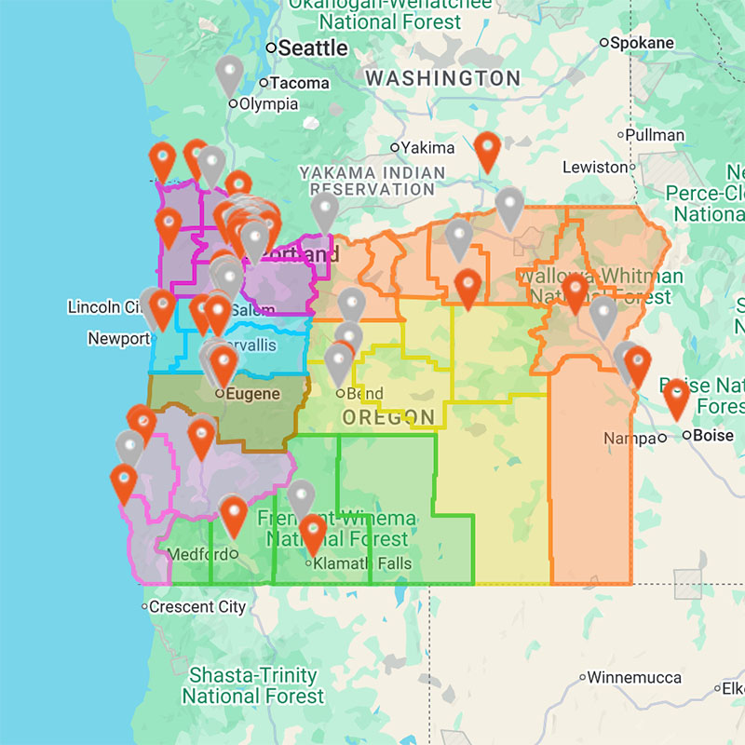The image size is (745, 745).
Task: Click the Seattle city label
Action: (313, 47)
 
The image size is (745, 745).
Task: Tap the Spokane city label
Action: (643, 43)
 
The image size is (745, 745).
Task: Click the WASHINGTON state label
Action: (442, 78)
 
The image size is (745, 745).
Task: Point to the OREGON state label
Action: (388, 417)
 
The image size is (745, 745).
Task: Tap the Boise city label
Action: (713, 434)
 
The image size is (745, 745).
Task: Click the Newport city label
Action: (118, 339)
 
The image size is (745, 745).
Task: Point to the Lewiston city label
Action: (596, 168)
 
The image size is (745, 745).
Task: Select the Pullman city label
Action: (655, 135)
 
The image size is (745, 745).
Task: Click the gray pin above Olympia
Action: (229, 74)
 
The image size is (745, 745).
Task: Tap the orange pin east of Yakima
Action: (487, 150)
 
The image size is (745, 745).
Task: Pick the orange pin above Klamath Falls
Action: (313, 533)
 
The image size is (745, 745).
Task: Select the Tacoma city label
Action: (299, 83)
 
